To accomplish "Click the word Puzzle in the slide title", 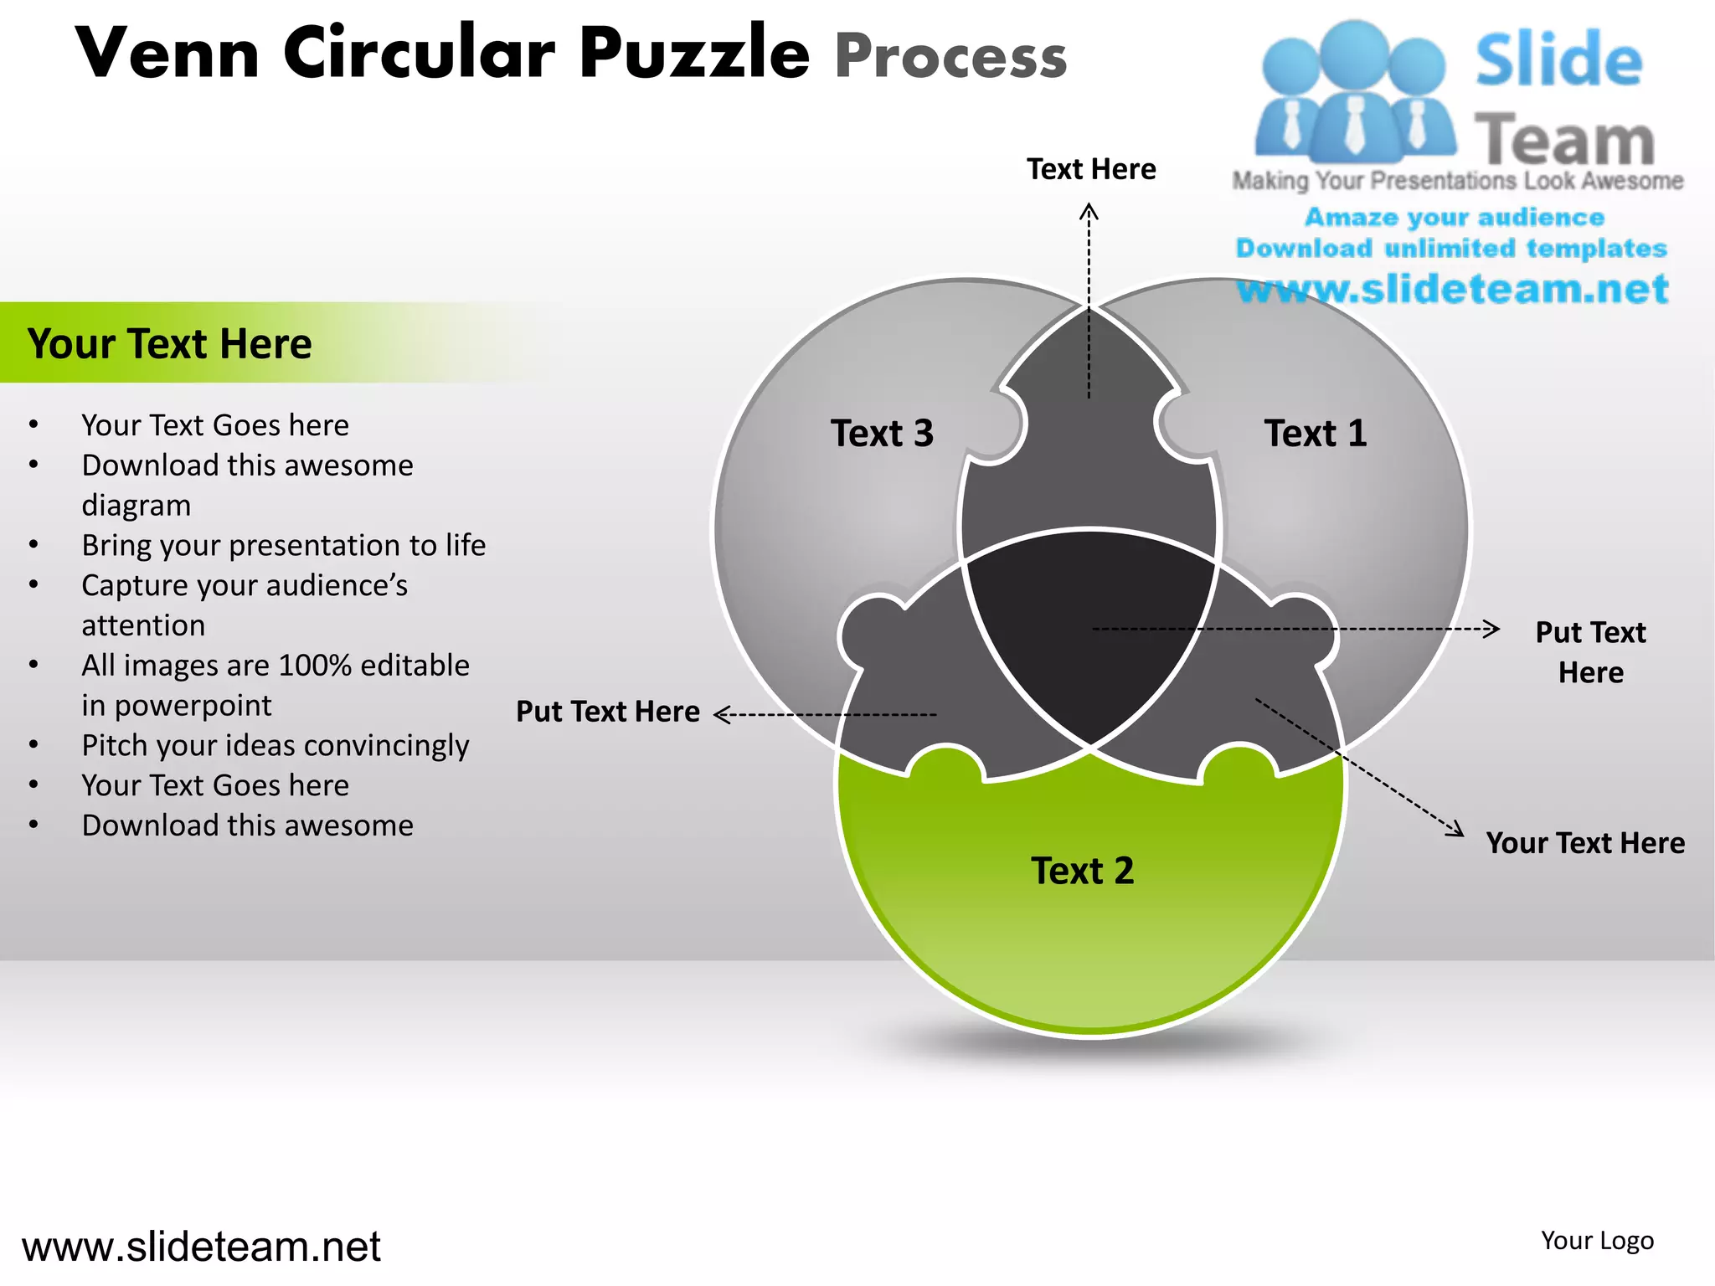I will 694,54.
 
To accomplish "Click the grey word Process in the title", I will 950,57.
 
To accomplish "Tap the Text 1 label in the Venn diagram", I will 1315,434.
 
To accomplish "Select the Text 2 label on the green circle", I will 1082,871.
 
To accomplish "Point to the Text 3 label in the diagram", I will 882,434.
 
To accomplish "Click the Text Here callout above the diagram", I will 1091,169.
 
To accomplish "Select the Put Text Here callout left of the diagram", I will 607,712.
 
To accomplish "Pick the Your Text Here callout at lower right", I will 1584,843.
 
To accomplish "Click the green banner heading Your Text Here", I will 169,343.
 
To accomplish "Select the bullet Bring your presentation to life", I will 283,545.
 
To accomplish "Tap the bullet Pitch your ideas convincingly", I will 275,745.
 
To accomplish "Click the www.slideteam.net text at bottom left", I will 201,1247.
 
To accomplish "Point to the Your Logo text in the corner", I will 1597,1241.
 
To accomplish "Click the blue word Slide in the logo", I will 1558,60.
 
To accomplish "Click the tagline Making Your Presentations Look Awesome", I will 1457,181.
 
